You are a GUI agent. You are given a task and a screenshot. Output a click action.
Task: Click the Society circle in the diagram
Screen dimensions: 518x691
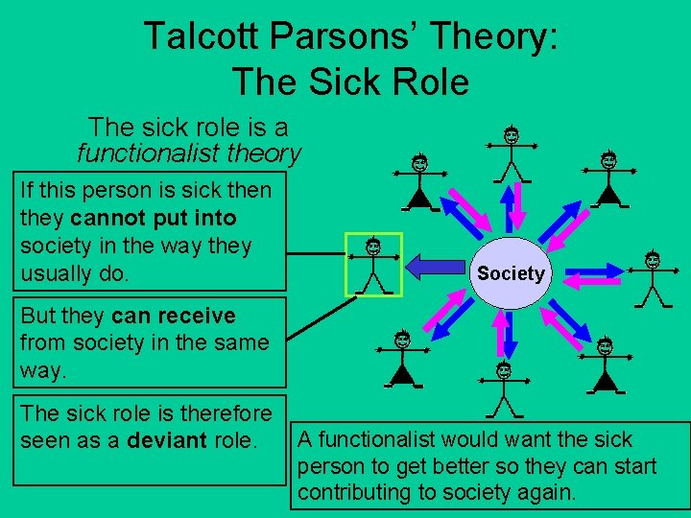[511, 273]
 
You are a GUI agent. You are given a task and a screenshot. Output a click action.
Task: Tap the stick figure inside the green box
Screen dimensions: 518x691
[372, 264]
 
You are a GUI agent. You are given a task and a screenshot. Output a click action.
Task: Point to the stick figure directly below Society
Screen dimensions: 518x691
[503, 389]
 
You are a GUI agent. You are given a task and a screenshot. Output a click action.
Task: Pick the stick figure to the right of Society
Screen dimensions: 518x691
[653, 278]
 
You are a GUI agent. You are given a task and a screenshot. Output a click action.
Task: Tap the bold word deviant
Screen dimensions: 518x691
[166, 440]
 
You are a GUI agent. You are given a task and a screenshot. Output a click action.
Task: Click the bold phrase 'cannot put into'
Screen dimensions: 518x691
[153, 218]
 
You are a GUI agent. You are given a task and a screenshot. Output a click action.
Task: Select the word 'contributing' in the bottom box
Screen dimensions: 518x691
[355, 493]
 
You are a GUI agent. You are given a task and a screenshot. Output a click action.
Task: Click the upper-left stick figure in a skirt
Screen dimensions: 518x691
[419, 182]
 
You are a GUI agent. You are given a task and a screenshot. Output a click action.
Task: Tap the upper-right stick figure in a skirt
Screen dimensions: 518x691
[608, 177]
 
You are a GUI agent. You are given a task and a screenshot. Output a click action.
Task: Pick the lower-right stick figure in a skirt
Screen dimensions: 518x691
[605, 364]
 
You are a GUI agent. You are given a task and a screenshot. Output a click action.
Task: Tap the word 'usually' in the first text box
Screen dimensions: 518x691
[57, 272]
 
